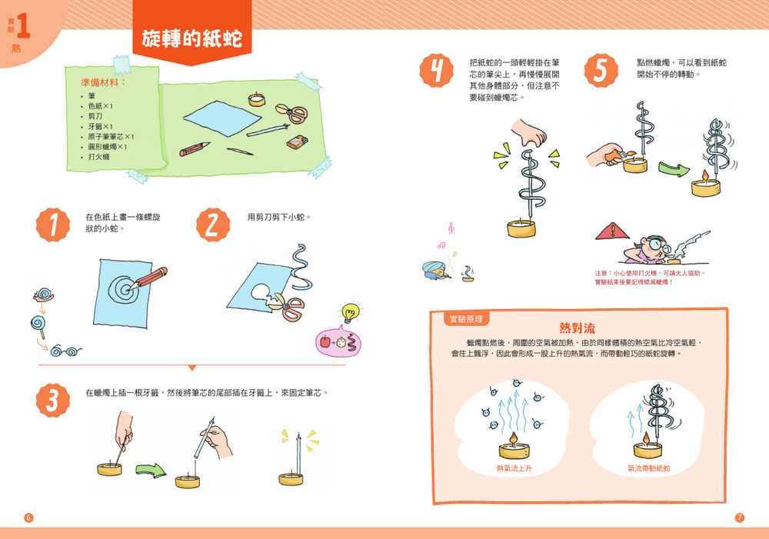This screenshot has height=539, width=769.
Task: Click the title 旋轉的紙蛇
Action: click(x=192, y=38)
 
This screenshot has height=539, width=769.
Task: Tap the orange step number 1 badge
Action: click(x=53, y=225)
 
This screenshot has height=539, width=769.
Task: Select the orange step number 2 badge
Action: click(x=213, y=225)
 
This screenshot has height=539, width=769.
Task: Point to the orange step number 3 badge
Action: click(x=53, y=400)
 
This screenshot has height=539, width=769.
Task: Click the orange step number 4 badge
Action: click(x=437, y=71)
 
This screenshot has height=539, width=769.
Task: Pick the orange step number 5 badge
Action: click(x=601, y=71)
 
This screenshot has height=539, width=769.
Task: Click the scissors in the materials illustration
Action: click(x=291, y=113)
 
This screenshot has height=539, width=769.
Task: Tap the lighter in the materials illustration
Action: click(x=297, y=142)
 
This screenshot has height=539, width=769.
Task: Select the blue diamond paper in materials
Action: click(x=222, y=118)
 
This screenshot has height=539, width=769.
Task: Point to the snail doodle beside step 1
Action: click(x=44, y=294)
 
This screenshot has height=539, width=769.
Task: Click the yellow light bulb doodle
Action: click(x=350, y=312)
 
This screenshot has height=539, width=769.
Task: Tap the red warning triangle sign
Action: click(x=612, y=231)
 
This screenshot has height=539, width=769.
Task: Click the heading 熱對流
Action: click(x=578, y=328)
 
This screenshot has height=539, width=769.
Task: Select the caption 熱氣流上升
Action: click(x=514, y=468)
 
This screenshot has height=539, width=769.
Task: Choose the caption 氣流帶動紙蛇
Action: click(x=649, y=468)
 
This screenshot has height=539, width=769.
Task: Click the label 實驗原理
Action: click(x=467, y=319)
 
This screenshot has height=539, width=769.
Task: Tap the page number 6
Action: click(x=28, y=517)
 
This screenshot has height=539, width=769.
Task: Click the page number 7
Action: click(x=740, y=517)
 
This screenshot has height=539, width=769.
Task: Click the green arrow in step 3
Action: click(x=151, y=471)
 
